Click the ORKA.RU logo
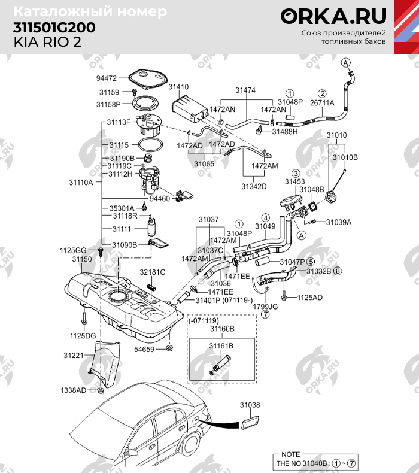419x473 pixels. pyautogui.click(x=333, y=16)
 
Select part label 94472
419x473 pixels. pyautogui.click(x=107, y=77)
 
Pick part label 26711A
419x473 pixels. pyautogui.click(x=321, y=103)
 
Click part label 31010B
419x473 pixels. pyautogui.click(x=345, y=157)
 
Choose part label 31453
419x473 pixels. pyautogui.click(x=294, y=181)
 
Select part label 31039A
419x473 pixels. pyautogui.click(x=338, y=222)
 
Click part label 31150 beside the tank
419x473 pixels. pyautogui.click(x=82, y=259)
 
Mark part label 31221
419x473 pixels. pyautogui.click(x=74, y=356)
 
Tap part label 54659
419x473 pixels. pyautogui.click(x=144, y=348)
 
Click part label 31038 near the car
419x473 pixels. pyautogui.click(x=250, y=405)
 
